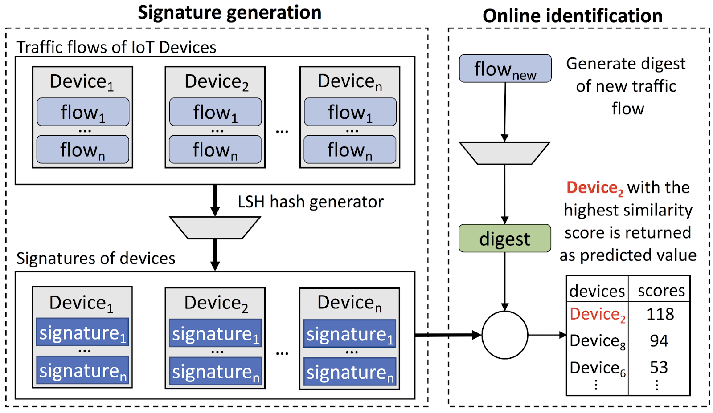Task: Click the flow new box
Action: click(x=505, y=69)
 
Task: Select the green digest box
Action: click(x=504, y=239)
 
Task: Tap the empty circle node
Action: click(x=504, y=335)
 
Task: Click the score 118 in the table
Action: click(x=660, y=314)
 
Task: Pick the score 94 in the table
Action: click(x=659, y=341)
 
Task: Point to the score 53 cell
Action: click(x=659, y=368)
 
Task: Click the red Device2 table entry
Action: click(x=597, y=315)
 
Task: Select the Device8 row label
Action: click(x=597, y=341)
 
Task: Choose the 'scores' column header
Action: click(x=661, y=291)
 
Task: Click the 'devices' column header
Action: click(x=597, y=291)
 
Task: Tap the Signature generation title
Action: click(x=229, y=12)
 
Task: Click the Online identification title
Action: click(x=572, y=16)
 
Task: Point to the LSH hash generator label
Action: click(x=310, y=202)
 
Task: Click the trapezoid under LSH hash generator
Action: click(x=215, y=227)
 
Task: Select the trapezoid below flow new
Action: click(x=504, y=153)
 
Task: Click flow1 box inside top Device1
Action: click(x=83, y=112)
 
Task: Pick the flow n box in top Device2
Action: click(x=215, y=150)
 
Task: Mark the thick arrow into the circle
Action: click(x=447, y=335)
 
